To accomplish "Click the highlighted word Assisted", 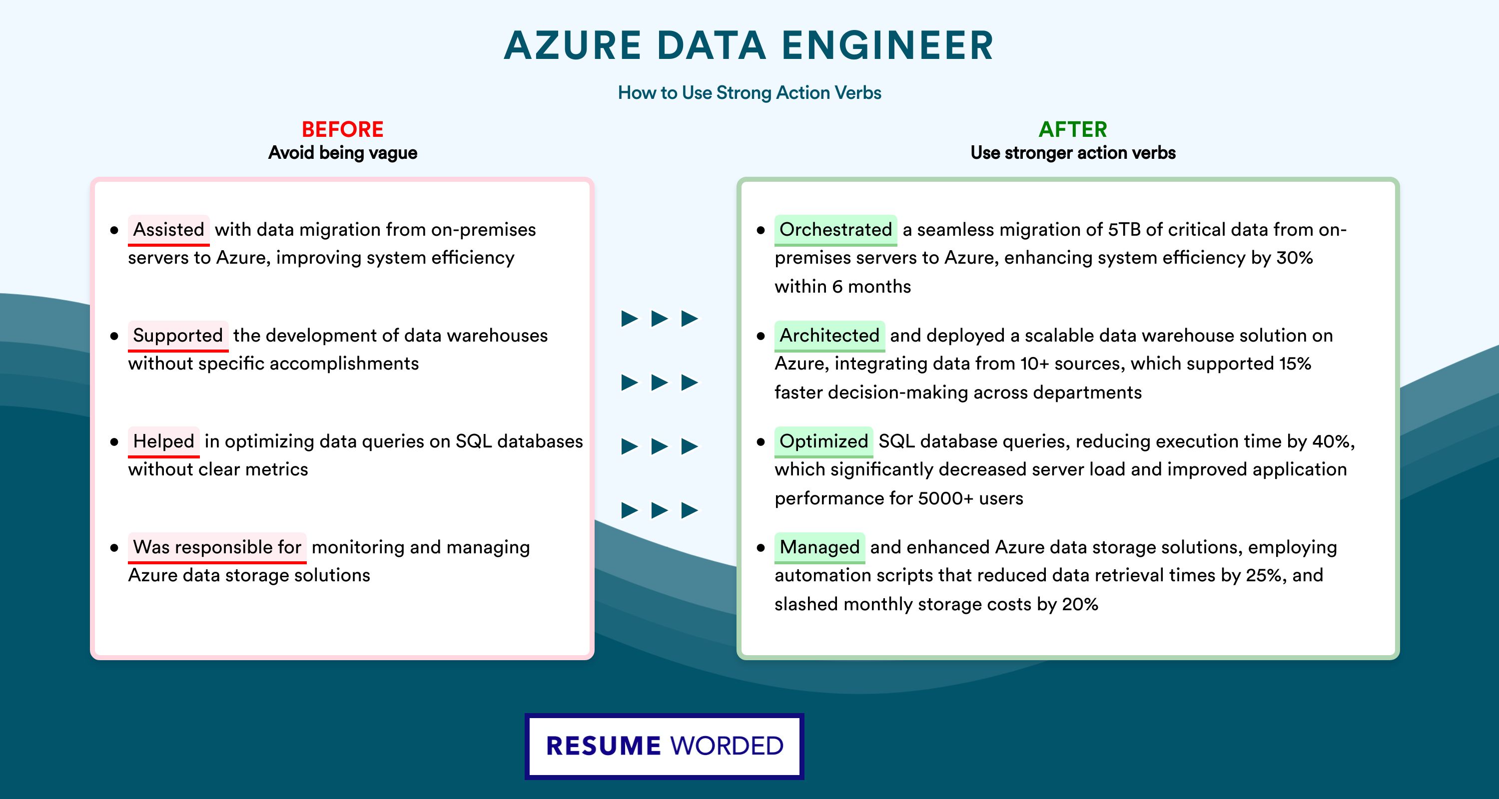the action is click(169, 230).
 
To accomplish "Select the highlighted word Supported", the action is click(178, 336).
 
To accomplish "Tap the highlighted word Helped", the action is click(163, 441).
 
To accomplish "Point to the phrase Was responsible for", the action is click(217, 547).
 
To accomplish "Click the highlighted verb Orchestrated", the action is click(835, 230).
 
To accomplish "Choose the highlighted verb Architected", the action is click(830, 336).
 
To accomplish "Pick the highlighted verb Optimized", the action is click(824, 441).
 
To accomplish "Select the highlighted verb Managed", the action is click(820, 547).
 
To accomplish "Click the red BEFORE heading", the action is click(343, 129).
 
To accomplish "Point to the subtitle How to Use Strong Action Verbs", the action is click(749, 92).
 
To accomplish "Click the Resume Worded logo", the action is click(665, 746).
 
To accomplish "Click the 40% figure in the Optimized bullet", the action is click(1332, 441).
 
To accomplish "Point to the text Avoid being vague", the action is click(343, 153).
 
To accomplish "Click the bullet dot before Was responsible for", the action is click(114, 548).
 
